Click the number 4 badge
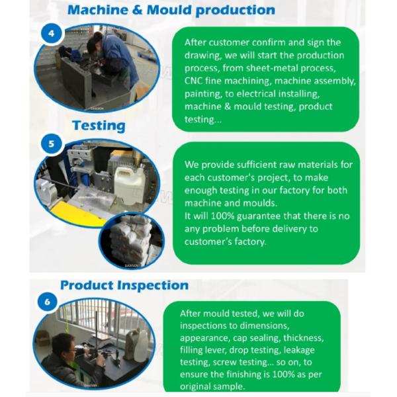52,34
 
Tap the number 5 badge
52,144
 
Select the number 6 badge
48,302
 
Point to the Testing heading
99,126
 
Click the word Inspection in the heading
152,286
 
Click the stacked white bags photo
132,241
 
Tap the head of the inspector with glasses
64,345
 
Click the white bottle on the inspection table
142,345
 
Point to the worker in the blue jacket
114,58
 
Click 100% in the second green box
222,216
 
